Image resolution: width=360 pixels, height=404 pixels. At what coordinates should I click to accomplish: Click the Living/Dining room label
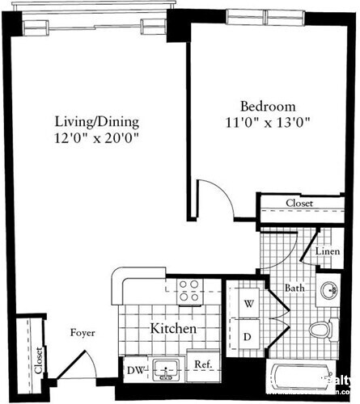97,122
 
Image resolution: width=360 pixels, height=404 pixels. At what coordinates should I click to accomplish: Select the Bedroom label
268,107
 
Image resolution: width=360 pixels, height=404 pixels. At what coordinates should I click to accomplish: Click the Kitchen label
173,330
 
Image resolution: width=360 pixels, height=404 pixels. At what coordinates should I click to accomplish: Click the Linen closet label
326,253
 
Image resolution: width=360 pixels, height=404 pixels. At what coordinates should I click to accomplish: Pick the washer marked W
249,303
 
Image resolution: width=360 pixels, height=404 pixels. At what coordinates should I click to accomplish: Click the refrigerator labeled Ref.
203,365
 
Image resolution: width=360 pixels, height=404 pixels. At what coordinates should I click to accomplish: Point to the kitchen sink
166,369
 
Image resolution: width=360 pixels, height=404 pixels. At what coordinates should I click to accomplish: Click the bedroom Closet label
301,204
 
